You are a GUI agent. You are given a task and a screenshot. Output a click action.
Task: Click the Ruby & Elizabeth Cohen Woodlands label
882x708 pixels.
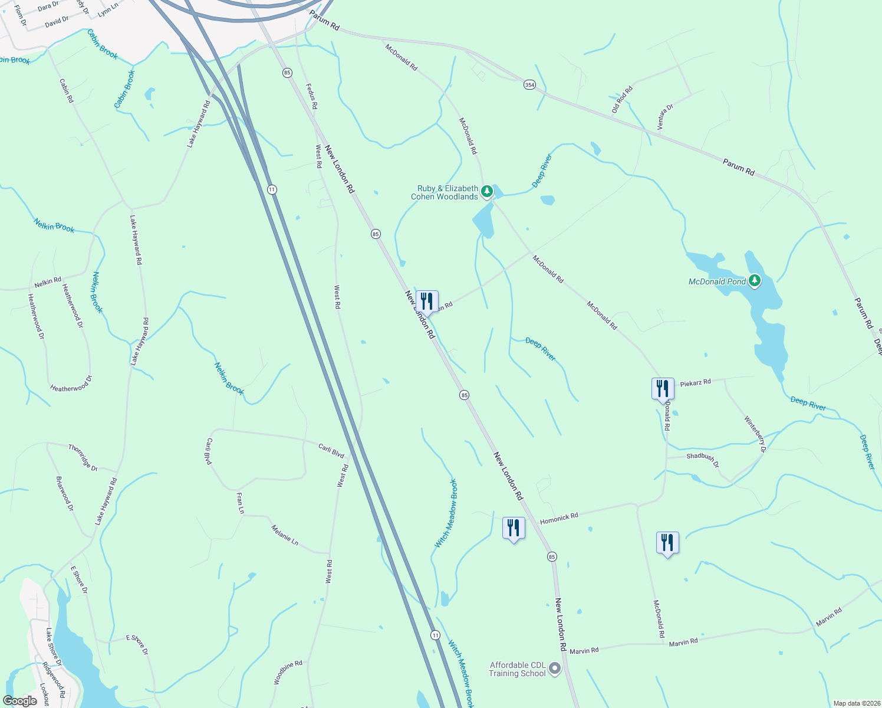pyautogui.click(x=445, y=193)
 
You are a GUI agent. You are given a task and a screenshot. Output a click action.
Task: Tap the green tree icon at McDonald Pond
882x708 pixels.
pyautogui.click(x=755, y=281)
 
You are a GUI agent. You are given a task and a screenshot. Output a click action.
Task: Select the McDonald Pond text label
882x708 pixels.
pyautogui.click(x=717, y=282)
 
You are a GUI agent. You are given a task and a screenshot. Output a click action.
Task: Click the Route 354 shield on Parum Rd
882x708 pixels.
pyautogui.click(x=529, y=85)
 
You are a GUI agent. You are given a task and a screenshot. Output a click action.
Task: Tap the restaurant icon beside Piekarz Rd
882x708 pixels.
pyautogui.click(x=663, y=388)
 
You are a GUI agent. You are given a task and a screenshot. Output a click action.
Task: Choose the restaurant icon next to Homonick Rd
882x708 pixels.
pyautogui.click(x=514, y=527)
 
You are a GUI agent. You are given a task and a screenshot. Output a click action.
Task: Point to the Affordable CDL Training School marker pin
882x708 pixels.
pyautogui.click(x=555, y=668)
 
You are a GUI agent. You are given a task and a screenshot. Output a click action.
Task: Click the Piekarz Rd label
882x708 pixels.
pyautogui.click(x=695, y=383)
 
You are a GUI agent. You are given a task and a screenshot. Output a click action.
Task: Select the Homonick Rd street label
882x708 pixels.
pyautogui.click(x=559, y=518)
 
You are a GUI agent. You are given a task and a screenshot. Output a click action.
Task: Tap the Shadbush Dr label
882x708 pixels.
pyautogui.click(x=702, y=460)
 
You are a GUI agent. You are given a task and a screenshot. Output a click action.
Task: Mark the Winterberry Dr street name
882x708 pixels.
pyautogui.click(x=755, y=434)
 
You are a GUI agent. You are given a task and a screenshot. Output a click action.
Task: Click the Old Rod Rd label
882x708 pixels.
pyautogui.click(x=622, y=100)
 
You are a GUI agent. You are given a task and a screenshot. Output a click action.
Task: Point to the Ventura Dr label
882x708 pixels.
pyautogui.click(x=665, y=117)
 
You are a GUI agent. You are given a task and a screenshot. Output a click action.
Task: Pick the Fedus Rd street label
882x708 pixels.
pyautogui.click(x=312, y=96)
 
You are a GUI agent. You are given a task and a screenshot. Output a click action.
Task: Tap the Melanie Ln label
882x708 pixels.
pyautogui.click(x=285, y=535)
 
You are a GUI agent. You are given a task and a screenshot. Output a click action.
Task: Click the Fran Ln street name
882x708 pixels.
pyautogui.click(x=240, y=503)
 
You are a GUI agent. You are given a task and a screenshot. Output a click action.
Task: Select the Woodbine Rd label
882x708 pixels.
pyautogui.click(x=288, y=673)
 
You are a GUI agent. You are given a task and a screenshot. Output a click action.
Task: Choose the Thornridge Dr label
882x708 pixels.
pyautogui.click(x=83, y=457)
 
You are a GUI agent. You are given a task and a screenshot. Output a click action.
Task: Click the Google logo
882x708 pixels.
pyautogui.click(x=19, y=701)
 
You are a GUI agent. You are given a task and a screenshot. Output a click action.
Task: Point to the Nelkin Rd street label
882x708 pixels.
pyautogui.click(x=48, y=283)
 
